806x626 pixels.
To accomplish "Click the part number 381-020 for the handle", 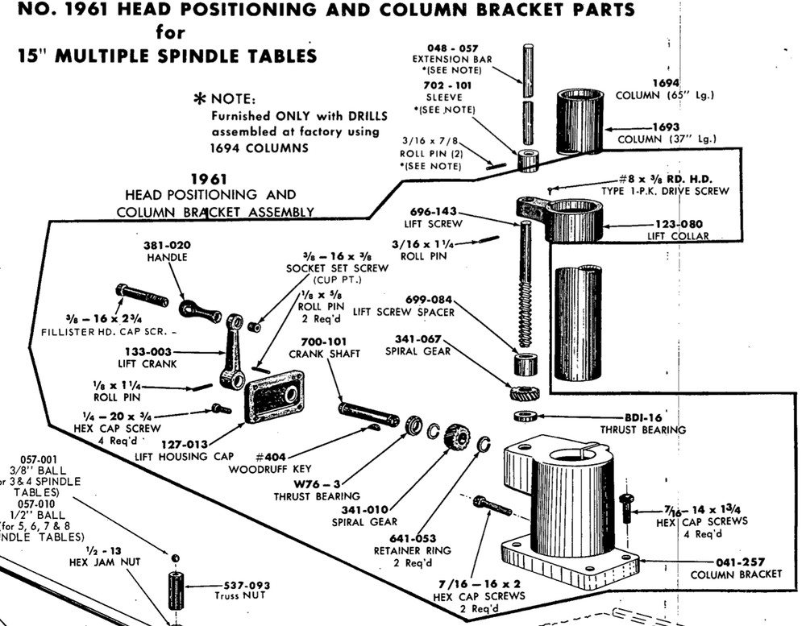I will click(x=167, y=245).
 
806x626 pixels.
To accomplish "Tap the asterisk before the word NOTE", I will click(x=198, y=99).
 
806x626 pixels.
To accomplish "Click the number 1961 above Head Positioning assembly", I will click(x=210, y=179).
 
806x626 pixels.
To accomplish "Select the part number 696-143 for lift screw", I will click(x=435, y=211).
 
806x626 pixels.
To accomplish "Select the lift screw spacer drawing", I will click(x=525, y=363).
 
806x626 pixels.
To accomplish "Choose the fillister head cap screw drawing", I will click(x=142, y=295).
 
